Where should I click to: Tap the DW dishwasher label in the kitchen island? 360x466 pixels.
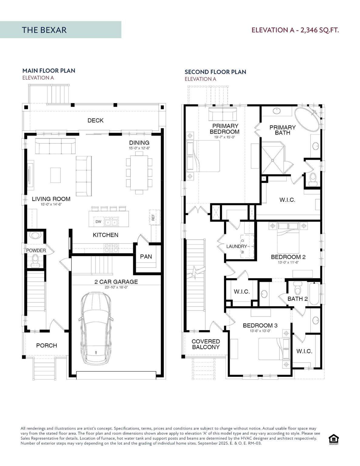[98, 221]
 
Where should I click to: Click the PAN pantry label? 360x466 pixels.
[146, 257]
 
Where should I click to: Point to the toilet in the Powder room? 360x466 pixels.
[35, 261]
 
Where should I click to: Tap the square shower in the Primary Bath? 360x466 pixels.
[273, 160]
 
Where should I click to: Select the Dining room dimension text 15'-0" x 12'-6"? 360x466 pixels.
[139, 148]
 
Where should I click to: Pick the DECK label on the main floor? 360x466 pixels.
[95, 120]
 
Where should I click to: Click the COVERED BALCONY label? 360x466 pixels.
[206, 344]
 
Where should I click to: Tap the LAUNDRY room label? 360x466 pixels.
[237, 246]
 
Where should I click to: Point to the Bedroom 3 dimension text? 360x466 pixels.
[260, 331]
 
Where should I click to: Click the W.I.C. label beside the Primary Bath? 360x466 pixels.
[287, 200]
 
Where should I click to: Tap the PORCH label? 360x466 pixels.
[46, 346]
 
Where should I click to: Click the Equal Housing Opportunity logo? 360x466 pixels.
[334, 439]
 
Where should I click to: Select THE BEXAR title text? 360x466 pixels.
[44, 30]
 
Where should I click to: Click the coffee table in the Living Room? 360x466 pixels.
[56, 175]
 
